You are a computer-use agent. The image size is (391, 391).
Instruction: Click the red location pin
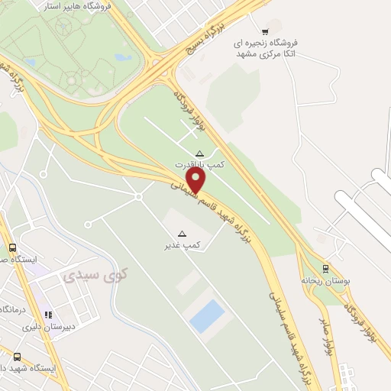pyautogui.click(x=197, y=180)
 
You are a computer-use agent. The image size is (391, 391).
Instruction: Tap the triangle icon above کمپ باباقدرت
pyautogui.click(x=200, y=153)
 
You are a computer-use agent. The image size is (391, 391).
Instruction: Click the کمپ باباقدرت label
pyautogui.click(x=200, y=165)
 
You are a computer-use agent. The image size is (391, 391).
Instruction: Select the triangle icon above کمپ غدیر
pyautogui.click(x=182, y=234)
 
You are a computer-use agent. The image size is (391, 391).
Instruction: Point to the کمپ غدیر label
pyautogui.click(x=183, y=246)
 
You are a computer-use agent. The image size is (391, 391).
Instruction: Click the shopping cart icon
pyautogui.click(x=265, y=31)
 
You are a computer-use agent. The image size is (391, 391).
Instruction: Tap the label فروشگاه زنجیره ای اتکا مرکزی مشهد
pyautogui.click(x=265, y=49)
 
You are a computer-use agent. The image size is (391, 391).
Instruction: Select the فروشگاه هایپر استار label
pyautogui.click(x=84, y=5)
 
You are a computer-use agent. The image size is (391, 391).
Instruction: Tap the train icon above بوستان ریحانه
pyautogui.click(x=326, y=268)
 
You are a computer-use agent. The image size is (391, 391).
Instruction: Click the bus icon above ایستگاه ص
pyautogui.click(x=12, y=247)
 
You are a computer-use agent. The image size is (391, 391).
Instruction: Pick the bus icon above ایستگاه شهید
pyautogui.click(x=17, y=356)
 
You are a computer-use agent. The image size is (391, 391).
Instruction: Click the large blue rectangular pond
pyautogui.click(x=207, y=315)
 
